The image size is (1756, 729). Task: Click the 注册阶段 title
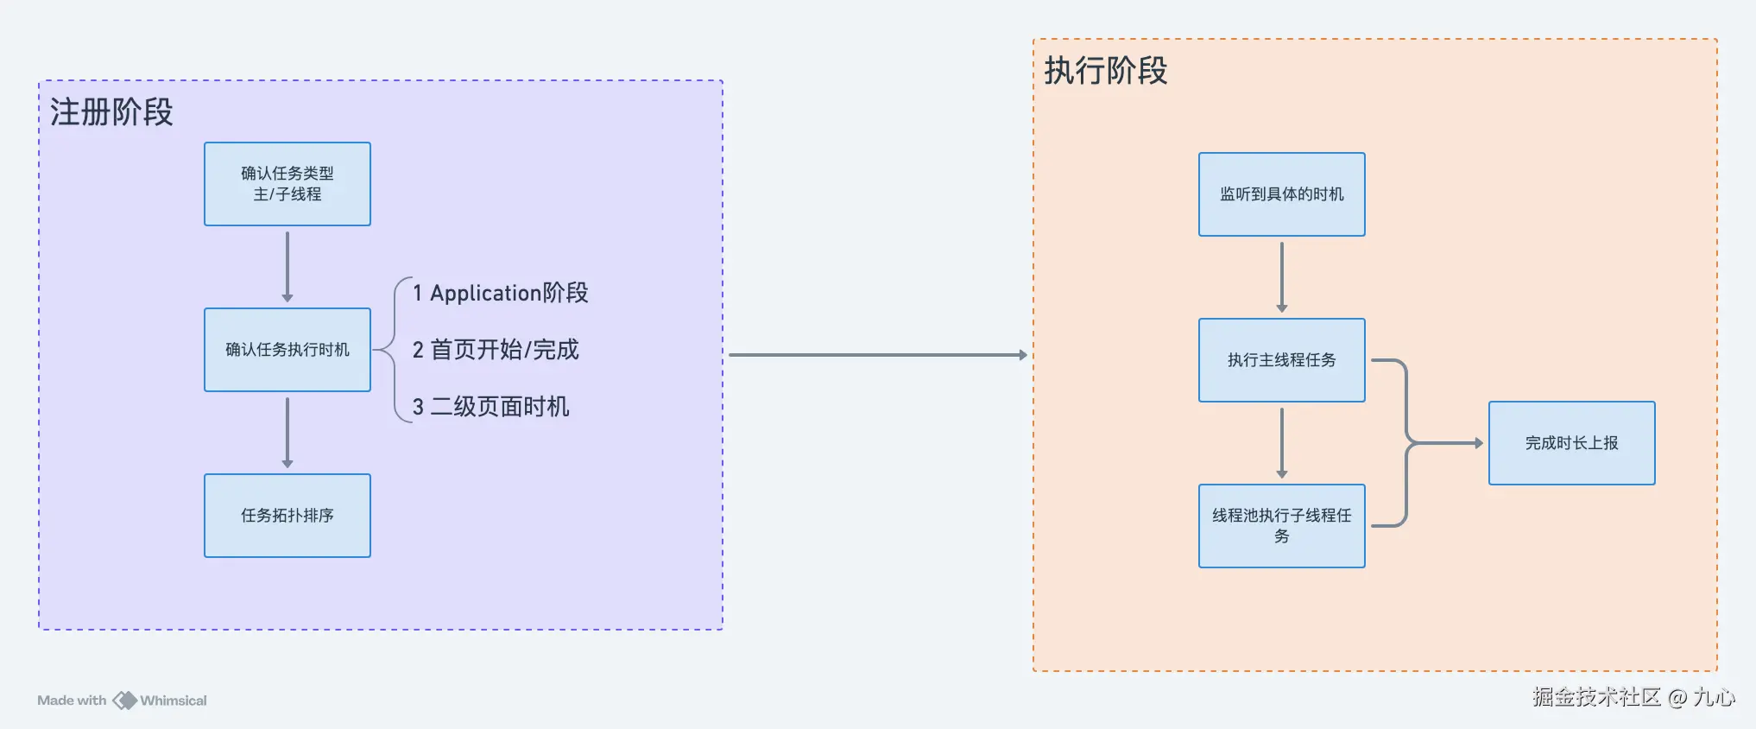pyautogui.click(x=111, y=112)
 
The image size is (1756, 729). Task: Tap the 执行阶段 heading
pyautogui.click(x=1105, y=71)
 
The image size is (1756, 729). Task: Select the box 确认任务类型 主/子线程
pyautogui.click(x=287, y=184)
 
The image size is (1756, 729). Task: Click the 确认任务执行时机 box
pyautogui.click(x=287, y=350)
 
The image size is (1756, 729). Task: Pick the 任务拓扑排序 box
pyautogui.click(x=287, y=516)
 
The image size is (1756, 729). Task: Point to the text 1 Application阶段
pyautogui.click(x=500, y=293)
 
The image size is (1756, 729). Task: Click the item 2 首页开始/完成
pyautogui.click(x=496, y=350)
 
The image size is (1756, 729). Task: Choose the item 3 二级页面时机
pyautogui.click(x=490, y=407)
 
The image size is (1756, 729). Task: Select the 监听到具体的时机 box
pyautogui.click(x=1281, y=194)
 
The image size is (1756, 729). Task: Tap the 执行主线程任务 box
pyautogui.click(x=1281, y=360)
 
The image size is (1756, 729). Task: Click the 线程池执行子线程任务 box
pyautogui.click(x=1281, y=525)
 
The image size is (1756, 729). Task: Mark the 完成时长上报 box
pyautogui.click(x=1571, y=443)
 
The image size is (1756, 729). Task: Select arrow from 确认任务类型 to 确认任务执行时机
pyautogui.click(x=287, y=266)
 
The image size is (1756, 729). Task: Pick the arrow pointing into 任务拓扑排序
pyautogui.click(x=287, y=432)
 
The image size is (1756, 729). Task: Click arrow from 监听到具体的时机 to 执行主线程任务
pyautogui.click(x=1282, y=276)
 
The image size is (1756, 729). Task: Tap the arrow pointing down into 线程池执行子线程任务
pyautogui.click(x=1282, y=442)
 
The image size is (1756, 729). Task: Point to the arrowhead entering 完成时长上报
pyautogui.click(x=1478, y=443)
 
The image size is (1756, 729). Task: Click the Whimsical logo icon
pyautogui.click(x=125, y=700)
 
